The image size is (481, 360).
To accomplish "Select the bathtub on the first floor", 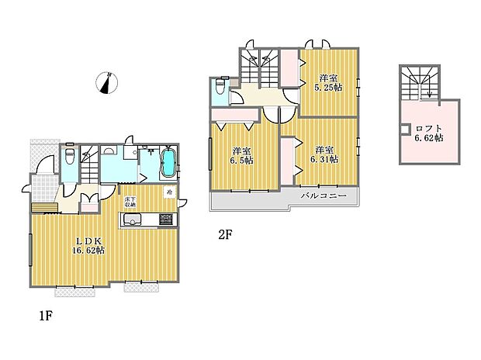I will click(168, 164).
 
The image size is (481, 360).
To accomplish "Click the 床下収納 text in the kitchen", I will click(130, 202).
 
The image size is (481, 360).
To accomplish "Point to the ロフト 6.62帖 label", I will click(428, 133).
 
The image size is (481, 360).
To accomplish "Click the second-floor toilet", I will click(220, 88).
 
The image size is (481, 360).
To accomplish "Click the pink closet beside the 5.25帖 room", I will click(289, 68).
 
